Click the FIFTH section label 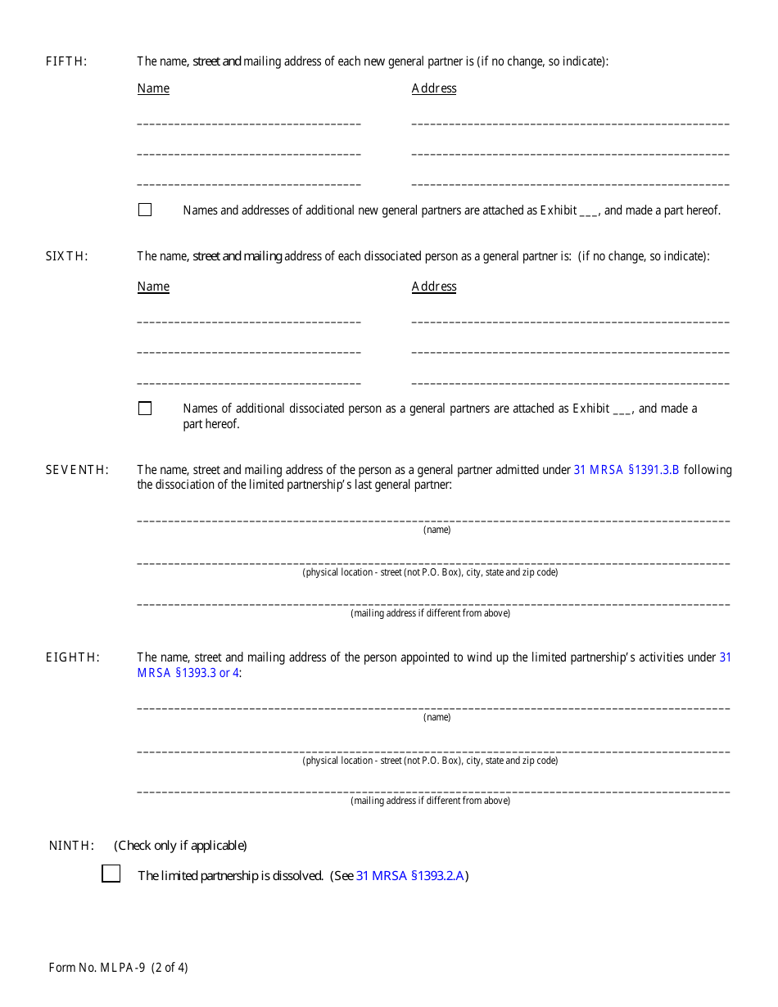(x=66, y=61)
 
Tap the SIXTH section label (x=66, y=256)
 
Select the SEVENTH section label (x=76, y=470)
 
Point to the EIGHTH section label (x=73, y=657)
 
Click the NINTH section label (x=71, y=846)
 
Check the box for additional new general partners (x=145, y=210)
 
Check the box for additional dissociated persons (x=145, y=408)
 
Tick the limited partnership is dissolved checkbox (x=111, y=874)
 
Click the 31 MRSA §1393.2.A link (x=410, y=876)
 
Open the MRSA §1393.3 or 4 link (x=188, y=673)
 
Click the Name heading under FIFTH (x=153, y=88)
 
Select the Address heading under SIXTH (x=434, y=287)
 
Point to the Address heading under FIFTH (x=434, y=88)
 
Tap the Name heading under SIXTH (x=153, y=287)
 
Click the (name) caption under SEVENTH (x=436, y=530)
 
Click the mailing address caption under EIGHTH (x=430, y=801)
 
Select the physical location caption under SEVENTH (x=430, y=572)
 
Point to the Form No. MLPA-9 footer (x=118, y=968)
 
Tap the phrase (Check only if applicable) (x=180, y=846)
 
